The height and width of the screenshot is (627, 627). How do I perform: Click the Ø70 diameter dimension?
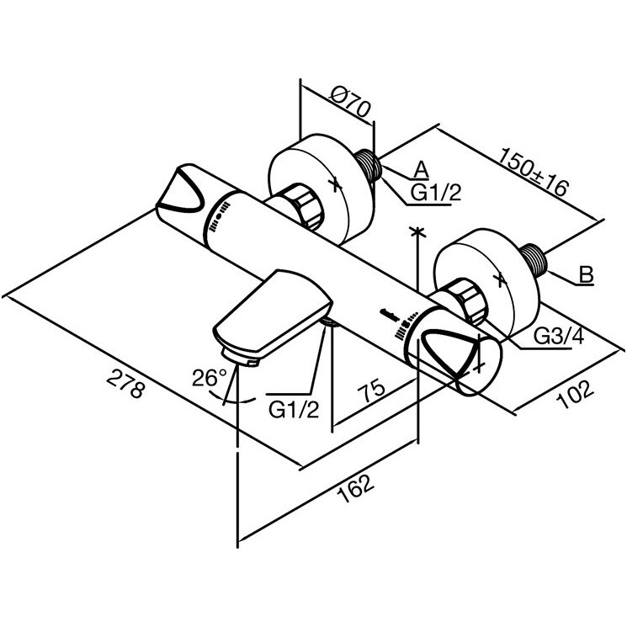[x=351, y=102]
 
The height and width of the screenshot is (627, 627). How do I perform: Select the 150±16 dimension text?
[x=533, y=173]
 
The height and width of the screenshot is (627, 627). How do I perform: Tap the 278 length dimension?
[x=125, y=384]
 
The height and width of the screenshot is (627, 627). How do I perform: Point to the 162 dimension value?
[x=355, y=488]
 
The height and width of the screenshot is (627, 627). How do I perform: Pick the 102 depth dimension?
[x=575, y=394]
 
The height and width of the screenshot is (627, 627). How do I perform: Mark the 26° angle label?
[x=210, y=378]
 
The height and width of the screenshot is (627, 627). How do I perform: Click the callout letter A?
[x=421, y=169]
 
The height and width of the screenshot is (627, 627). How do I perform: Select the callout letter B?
[x=587, y=274]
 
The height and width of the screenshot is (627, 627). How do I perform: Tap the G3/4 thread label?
[x=559, y=337]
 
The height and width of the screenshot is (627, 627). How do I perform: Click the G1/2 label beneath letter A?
[x=436, y=193]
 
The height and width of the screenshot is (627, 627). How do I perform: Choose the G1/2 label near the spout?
[x=294, y=410]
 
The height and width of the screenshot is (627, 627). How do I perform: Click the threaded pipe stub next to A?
[x=369, y=165]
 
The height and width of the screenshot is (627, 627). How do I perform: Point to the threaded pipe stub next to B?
[x=534, y=260]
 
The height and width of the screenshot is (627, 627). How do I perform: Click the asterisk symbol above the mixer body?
[x=417, y=232]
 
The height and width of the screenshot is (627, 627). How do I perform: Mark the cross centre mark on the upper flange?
[x=335, y=183]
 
